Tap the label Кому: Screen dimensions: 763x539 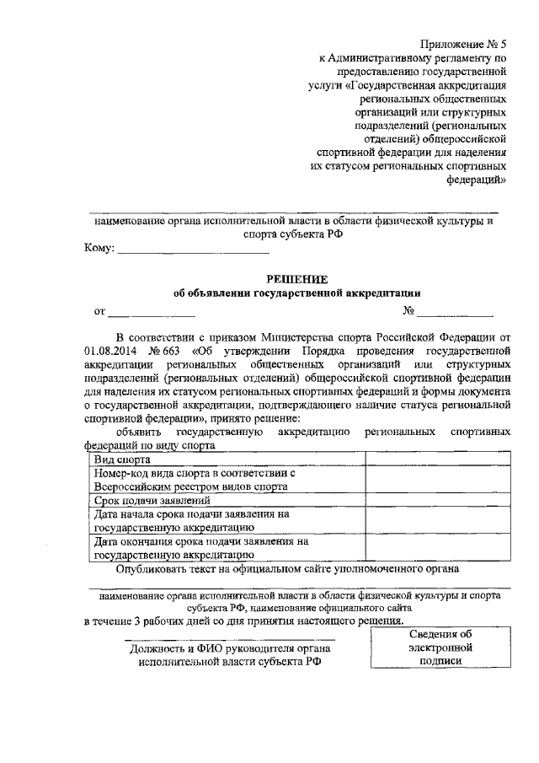pyautogui.click(x=99, y=249)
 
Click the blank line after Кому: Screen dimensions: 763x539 pyautogui.click(x=193, y=250)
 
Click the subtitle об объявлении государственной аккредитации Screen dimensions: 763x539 pyautogui.click(x=296, y=293)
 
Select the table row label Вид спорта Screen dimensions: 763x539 pyautogui.click(x=123, y=460)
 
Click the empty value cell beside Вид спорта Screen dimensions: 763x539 pyautogui.click(x=437, y=460)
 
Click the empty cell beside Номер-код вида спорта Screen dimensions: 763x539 pyautogui.click(x=437, y=481)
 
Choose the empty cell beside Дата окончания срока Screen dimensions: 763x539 pyautogui.click(x=437, y=548)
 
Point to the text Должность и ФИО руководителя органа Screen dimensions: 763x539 pyautogui.click(x=231, y=648)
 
